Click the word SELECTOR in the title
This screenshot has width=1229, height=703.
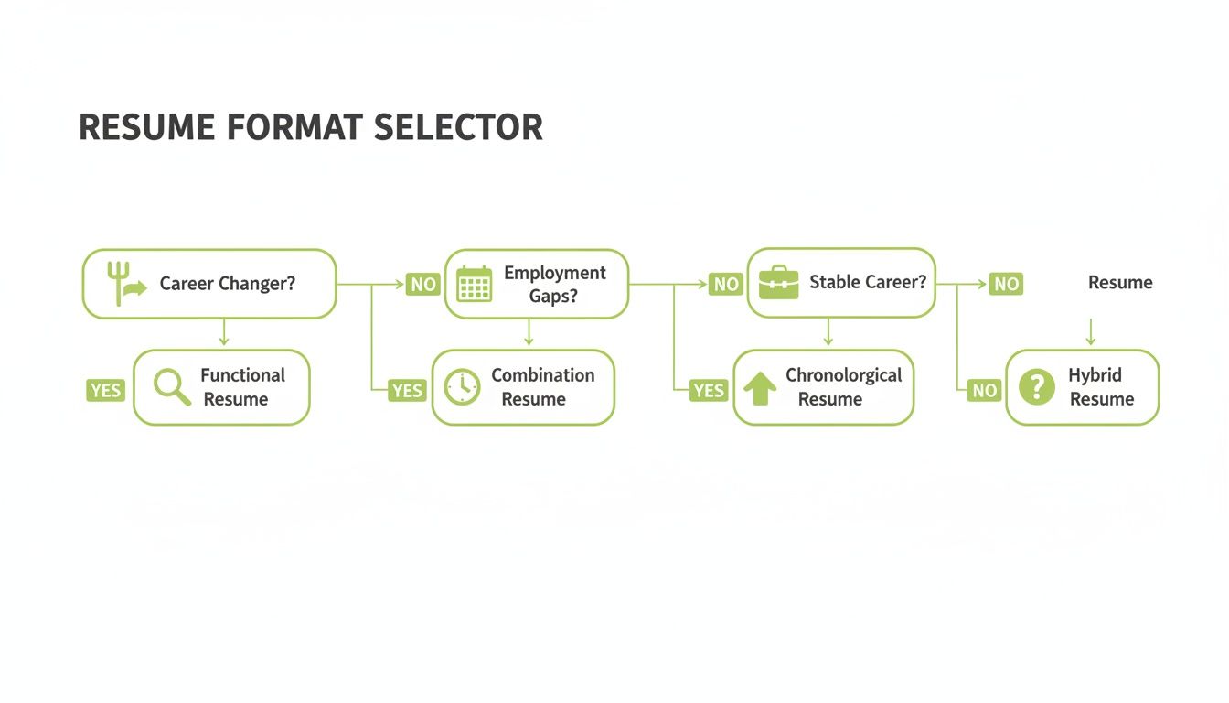click(458, 127)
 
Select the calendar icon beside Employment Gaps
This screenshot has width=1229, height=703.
click(474, 284)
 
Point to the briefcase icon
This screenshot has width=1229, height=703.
click(778, 282)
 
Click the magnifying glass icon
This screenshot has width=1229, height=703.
click(171, 387)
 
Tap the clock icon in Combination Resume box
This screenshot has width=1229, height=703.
click(462, 387)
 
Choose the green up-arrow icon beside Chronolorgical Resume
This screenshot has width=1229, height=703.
click(760, 387)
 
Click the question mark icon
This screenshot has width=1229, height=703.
click(1036, 387)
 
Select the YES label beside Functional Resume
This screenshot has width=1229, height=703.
click(105, 391)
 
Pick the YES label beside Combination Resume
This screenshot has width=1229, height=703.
click(407, 391)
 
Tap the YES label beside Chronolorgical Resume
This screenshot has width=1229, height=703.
click(709, 391)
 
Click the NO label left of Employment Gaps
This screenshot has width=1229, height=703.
click(423, 285)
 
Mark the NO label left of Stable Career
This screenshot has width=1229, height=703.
click(726, 285)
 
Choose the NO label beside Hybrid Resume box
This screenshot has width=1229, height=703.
click(984, 391)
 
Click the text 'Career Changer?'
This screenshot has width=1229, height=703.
click(228, 284)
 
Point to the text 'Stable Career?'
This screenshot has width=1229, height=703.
click(868, 282)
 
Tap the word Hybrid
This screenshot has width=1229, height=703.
click(1095, 375)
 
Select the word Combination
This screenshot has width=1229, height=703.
click(543, 375)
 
